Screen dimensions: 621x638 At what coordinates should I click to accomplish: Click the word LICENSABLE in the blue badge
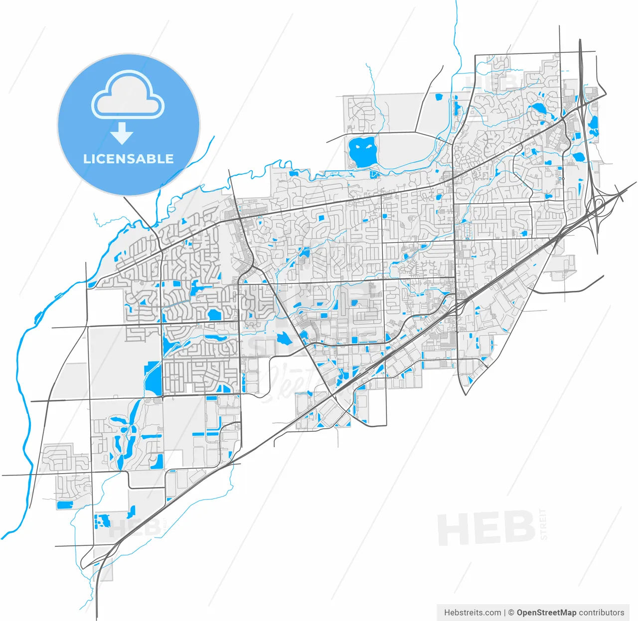click(x=128, y=159)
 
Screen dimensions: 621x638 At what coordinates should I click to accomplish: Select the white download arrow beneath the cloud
click(x=122, y=134)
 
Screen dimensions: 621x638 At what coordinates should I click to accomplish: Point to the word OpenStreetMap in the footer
click(x=546, y=613)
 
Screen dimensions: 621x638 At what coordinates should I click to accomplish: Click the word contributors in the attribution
click(x=602, y=613)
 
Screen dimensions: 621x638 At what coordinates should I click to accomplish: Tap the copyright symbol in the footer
click(x=511, y=613)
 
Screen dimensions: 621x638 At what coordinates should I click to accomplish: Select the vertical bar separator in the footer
click(x=505, y=613)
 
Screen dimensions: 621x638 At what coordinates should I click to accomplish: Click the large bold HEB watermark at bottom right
click(x=486, y=528)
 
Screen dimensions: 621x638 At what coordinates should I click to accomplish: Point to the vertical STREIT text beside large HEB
click(x=543, y=524)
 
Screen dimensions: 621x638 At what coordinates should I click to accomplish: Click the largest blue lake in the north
click(x=362, y=152)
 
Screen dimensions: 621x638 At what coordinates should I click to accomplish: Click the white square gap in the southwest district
click(x=173, y=458)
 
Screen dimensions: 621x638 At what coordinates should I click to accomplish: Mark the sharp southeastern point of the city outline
click(x=465, y=394)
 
